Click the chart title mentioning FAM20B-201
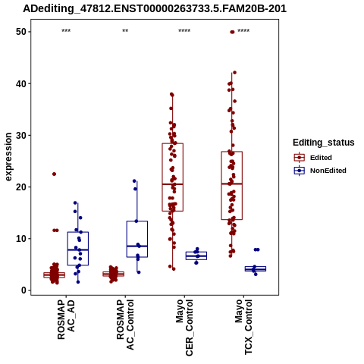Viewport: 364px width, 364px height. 155,9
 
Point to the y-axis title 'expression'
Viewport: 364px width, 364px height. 8,157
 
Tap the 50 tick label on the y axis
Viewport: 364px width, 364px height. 21,32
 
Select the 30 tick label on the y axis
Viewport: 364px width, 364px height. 21,135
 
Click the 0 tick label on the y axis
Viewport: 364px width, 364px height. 24,290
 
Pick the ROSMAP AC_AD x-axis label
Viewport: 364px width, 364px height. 66,319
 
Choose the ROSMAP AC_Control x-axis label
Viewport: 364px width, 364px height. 125,325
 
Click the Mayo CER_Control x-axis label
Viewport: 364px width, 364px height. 184,328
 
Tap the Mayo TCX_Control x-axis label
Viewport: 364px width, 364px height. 243,327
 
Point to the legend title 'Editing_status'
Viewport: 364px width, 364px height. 324,143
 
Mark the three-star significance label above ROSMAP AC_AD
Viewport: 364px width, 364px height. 66,31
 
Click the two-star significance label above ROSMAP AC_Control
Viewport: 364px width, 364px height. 125,31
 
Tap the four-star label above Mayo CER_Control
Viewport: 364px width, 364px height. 184,31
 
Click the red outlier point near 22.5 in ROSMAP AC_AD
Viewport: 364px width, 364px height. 54,174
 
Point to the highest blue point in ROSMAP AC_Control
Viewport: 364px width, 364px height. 134,180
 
